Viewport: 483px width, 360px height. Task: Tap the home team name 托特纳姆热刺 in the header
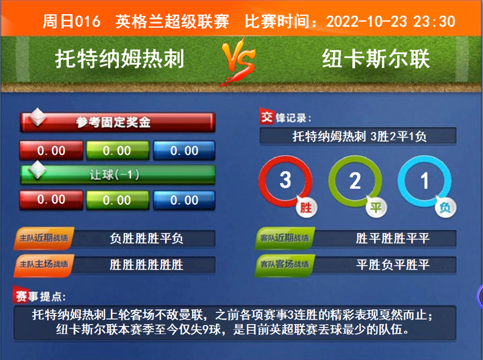coord(120,59)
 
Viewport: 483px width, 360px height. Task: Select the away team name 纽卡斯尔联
coord(376,59)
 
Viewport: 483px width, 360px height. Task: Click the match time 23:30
coord(435,22)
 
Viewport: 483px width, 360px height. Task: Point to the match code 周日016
coord(71,22)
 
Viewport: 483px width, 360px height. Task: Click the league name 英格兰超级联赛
coord(172,22)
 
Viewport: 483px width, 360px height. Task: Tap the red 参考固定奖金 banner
coord(118,122)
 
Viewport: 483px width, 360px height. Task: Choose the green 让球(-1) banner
coord(118,175)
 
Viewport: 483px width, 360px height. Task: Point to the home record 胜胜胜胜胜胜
coord(147,264)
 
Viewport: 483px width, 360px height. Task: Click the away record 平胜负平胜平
coord(393,264)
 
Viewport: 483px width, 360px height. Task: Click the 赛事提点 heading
coord(40,296)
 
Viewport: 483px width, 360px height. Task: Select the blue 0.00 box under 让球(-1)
coord(184,200)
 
